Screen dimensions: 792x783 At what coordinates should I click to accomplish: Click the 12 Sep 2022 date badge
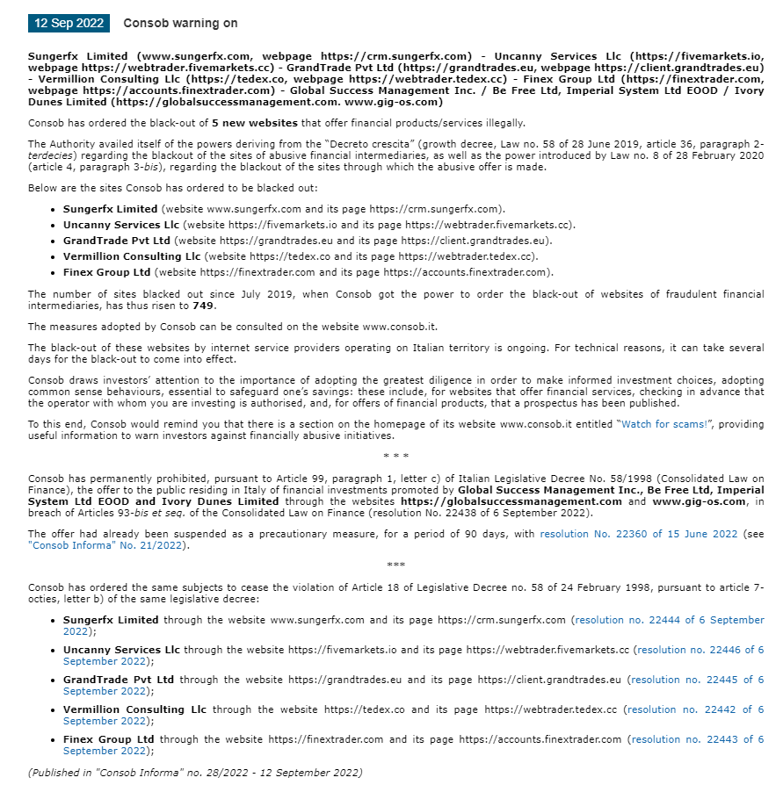69,23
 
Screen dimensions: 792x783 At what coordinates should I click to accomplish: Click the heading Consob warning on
180,23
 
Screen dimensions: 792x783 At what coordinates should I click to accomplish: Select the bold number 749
203,306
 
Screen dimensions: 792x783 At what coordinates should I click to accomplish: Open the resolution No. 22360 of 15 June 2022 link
639,533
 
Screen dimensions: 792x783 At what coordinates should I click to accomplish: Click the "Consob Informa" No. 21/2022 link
107,544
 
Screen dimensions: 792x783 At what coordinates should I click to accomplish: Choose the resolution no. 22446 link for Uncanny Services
700,650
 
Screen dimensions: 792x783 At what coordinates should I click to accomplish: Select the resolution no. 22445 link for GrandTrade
697,680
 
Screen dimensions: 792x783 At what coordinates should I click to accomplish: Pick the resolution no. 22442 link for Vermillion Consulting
697,709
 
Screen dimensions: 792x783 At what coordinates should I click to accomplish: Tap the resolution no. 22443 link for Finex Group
698,739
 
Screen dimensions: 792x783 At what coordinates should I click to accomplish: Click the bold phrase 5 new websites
254,122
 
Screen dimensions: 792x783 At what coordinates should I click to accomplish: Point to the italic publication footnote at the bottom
195,773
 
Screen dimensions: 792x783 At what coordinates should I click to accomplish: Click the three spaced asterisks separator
396,456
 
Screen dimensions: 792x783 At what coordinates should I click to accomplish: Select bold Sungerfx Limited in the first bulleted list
111,209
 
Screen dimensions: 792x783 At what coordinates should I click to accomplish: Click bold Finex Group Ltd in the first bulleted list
106,272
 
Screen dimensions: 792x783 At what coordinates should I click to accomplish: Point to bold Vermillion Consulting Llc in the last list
135,709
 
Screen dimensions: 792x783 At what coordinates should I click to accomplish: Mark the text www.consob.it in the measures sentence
400,327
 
